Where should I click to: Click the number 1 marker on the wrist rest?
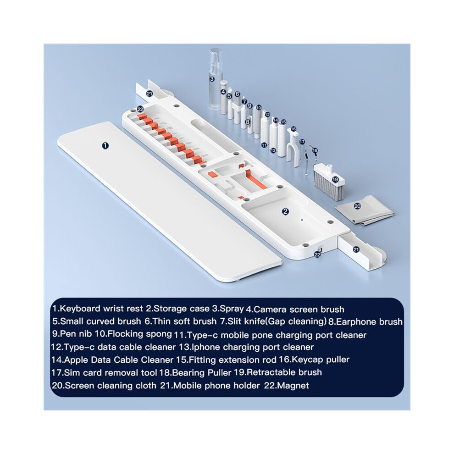pyautogui.click(x=105, y=145)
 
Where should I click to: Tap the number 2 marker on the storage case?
pyautogui.click(x=286, y=211)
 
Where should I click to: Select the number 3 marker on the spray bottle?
pyautogui.click(x=212, y=78)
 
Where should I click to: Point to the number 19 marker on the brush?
pyautogui.click(x=335, y=179)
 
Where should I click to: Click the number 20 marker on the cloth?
pyautogui.click(x=358, y=206)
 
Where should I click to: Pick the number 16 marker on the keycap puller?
pyautogui.click(x=293, y=129)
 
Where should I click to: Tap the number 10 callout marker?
pyautogui.click(x=259, y=107)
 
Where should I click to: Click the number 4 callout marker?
pyautogui.click(x=223, y=92)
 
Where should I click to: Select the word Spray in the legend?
pyautogui.click(x=232, y=309)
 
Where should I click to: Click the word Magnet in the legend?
pyautogui.click(x=293, y=385)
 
